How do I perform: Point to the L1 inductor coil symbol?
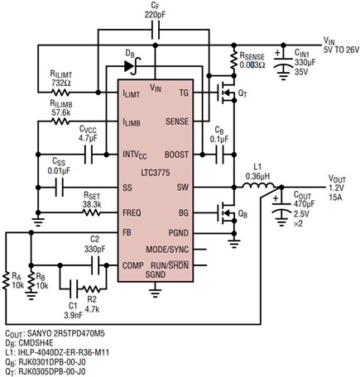tap(259, 187)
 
